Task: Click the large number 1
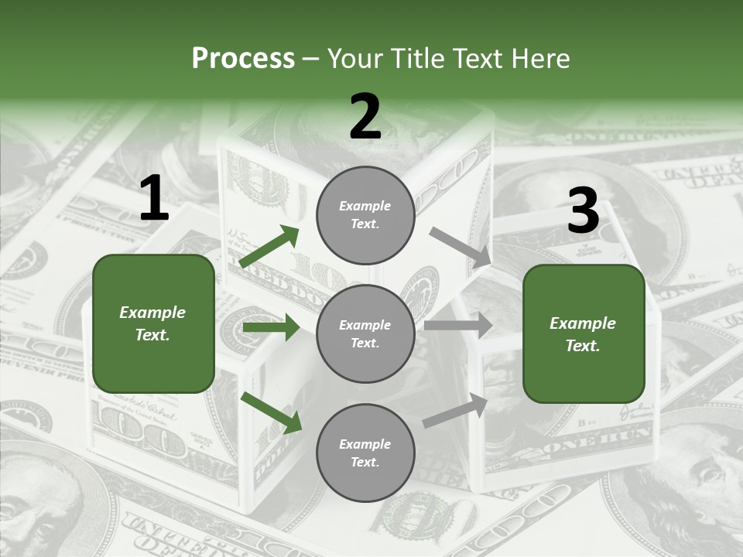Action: (154, 199)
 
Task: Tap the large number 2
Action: (365, 117)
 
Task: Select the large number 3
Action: (583, 210)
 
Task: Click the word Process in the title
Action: (243, 58)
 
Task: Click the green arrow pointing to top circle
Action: (269, 247)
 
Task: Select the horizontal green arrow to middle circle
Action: (271, 327)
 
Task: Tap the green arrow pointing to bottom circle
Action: (271, 412)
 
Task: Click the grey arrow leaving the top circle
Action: (461, 246)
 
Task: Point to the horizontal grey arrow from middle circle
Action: (457, 326)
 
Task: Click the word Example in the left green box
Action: (152, 313)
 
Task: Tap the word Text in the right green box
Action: (583, 346)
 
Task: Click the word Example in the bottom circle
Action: (365, 444)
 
